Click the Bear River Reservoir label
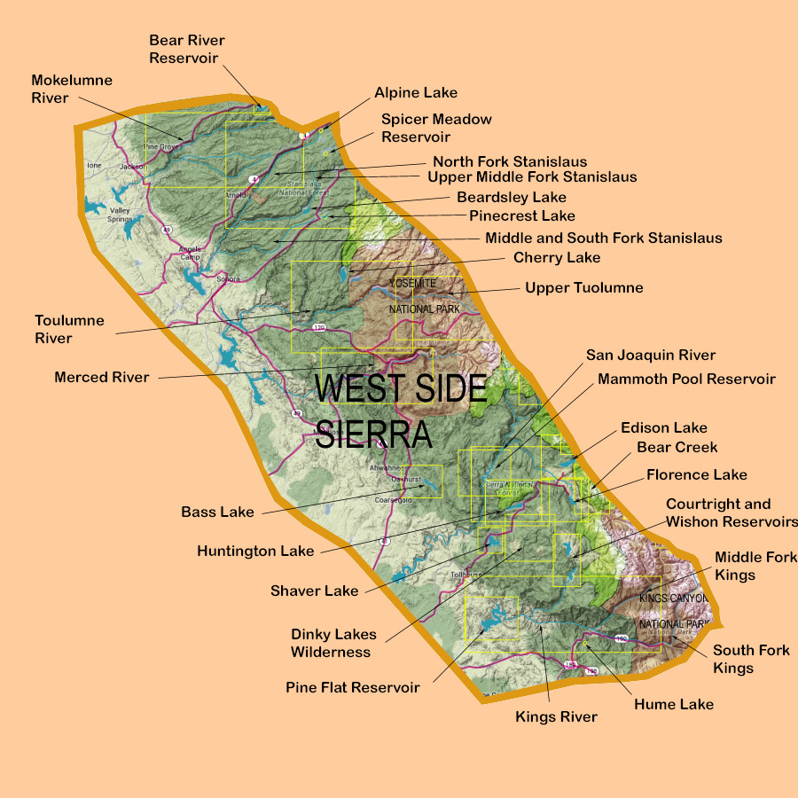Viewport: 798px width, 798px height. (x=186, y=49)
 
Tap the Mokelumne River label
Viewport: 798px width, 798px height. (x=72, y=89)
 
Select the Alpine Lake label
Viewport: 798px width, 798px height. (x=416, y=92)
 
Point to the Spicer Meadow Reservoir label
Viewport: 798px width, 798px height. (x=436, y=128)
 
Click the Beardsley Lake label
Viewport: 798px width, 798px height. (x=511, y=197)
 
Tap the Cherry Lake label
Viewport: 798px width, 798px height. (x=557, y=258)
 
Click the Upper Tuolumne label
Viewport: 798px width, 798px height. (x=583, y=288)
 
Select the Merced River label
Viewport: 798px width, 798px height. (x=102, y=377)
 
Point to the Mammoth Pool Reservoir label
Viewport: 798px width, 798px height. (x=686, y=379)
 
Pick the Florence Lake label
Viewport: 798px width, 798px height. (x=696, y=474)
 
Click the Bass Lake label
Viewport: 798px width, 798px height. (x=217, y=512)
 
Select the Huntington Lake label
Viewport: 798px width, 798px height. (x=255, y=551)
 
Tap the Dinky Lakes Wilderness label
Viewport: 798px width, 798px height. (x=333, y=643)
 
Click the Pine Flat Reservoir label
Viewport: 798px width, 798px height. (x=352, y=687)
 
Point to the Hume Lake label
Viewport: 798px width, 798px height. (x=674, y=704)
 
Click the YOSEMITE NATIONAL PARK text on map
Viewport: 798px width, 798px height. (x=424, y=295)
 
